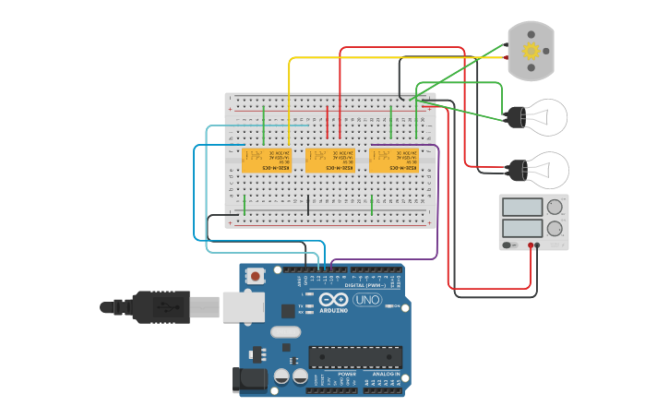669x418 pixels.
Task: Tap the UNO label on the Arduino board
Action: tap(367, 300)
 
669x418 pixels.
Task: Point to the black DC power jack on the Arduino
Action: tap(250, 378)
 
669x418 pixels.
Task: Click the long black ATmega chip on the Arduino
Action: tap(355, 356)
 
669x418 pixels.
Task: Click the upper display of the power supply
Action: tap(522, 208)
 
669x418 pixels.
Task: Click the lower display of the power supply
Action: tap(522, 228)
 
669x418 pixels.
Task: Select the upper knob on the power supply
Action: tap(554, 208)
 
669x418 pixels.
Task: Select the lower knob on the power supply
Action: tap(554, 228)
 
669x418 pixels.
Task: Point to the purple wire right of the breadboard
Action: tap(438, 203)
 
